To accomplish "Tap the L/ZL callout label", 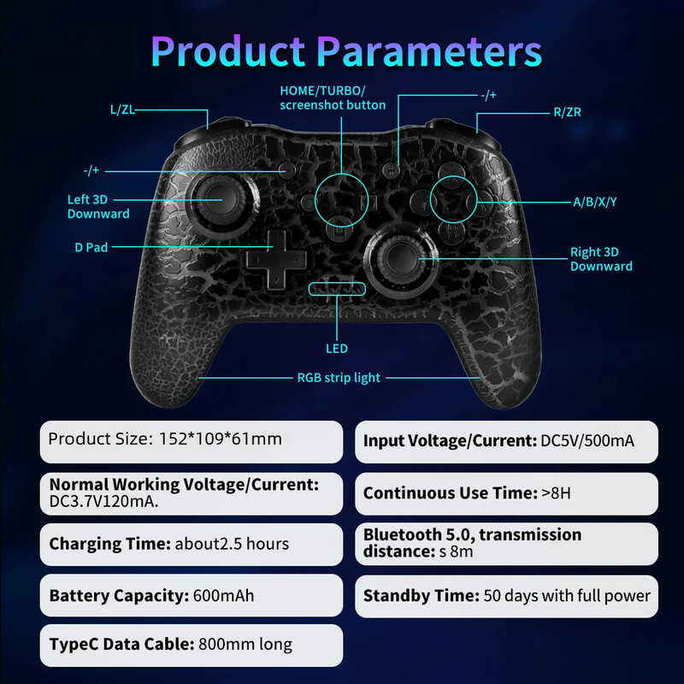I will click(x=123, y=109).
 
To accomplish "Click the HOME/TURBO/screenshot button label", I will click(x=333, y=97).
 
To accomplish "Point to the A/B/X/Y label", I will click(x=594, y=202).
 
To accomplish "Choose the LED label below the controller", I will click(x=337, y=349).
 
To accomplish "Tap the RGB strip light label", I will click(x=339, y=377).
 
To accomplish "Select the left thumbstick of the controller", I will click(x=206, y=198).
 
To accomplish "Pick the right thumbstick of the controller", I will click(x=397, y=256).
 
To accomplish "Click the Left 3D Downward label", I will click(x=98, y=207).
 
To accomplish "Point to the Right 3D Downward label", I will click(x=601, y=259).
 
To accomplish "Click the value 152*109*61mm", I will click(x=221, y=439).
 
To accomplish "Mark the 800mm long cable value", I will click(x=245, y=645).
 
